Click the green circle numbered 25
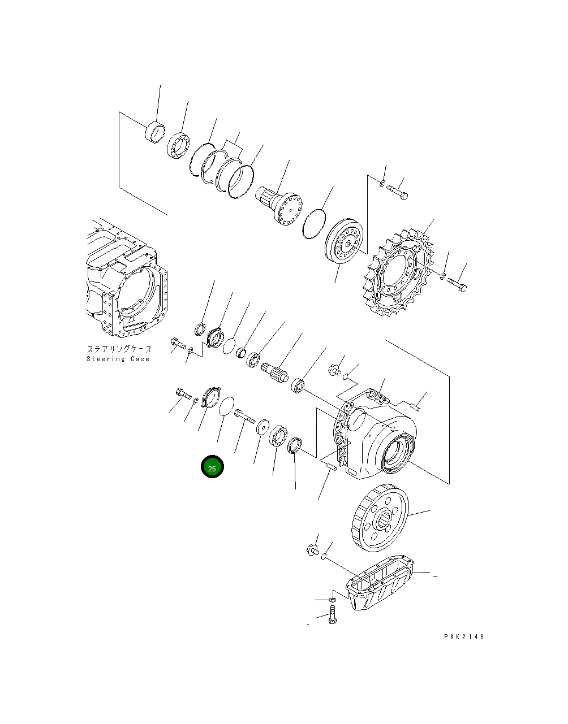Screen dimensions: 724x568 point(212,467)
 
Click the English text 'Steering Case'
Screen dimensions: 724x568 point(118,359)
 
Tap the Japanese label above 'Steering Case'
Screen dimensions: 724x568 point(118,350)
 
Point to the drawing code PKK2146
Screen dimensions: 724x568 point(464,637)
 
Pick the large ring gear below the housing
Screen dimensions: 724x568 point(380,519)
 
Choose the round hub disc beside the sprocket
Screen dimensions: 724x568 point(343,242)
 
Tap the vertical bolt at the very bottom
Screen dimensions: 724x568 point(332,615)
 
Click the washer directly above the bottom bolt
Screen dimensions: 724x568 point(333,599)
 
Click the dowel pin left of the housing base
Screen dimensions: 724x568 point(330,465)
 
